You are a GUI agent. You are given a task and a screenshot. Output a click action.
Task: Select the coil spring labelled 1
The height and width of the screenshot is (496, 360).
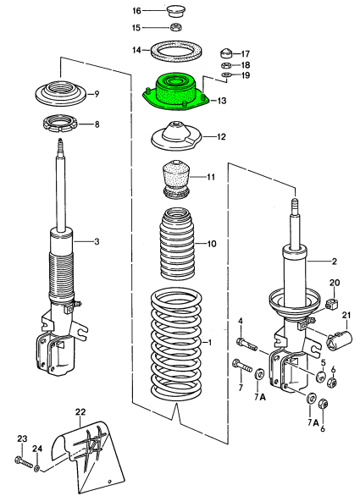coord(176,344)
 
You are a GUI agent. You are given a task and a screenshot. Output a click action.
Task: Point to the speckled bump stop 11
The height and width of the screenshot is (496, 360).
coord(177,180)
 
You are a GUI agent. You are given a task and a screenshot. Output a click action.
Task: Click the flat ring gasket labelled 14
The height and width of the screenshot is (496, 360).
coord(177,51)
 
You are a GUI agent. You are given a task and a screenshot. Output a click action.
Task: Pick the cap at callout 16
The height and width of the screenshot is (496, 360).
coord(174,12)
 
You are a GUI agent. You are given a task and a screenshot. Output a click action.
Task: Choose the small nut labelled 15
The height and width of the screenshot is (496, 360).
coord(175,27)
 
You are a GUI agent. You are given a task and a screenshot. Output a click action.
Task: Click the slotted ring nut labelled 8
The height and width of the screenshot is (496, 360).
coord(60,124)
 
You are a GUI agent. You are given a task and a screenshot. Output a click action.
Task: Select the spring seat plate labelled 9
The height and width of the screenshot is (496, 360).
coord(60,94)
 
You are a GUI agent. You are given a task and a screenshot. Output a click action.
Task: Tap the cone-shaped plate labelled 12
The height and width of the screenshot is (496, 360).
coord(176,136)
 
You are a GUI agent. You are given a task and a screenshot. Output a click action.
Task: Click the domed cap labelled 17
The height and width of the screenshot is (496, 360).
coord(226,54)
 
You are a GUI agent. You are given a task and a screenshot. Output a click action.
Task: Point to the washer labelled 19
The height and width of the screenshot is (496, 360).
coord(227,75)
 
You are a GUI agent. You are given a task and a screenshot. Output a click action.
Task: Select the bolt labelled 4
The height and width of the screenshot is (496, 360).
coord(246,344)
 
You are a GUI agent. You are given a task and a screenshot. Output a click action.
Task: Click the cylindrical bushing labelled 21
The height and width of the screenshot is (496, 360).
coord(339,340)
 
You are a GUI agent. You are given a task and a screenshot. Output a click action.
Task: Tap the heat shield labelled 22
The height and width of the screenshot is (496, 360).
coord(88,455)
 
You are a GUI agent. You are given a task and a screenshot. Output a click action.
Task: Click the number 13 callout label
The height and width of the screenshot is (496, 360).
coord(222,101)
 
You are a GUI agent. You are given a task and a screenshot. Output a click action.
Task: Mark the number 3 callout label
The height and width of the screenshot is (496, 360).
coord(97,242)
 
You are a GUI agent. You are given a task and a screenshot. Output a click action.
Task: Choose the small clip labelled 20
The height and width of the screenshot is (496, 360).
coord(331,303)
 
